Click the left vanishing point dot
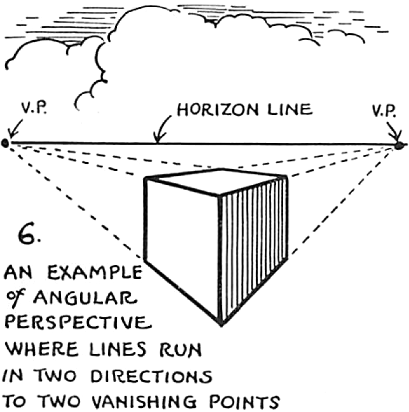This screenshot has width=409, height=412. point(5,142)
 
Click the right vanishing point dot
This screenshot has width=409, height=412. point(399,145)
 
